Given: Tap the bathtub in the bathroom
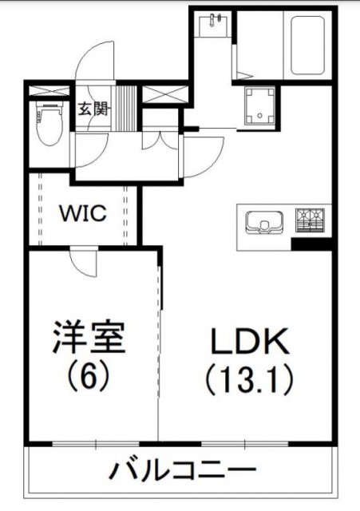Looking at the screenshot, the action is pos(307,45).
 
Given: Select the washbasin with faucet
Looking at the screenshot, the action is pos(214,23).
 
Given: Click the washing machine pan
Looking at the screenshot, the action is pos(259,105).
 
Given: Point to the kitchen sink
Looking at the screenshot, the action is pos(264,223).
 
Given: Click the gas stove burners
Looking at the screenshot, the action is pos(310,220).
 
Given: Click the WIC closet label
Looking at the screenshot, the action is pos(83,213).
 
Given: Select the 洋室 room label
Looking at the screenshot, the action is pos(89,338).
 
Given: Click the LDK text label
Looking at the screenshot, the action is pos(250,341).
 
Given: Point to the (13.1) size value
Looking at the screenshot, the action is pos(250,380).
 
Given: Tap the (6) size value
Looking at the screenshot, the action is pos(89,376).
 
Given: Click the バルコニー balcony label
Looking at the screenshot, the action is pos(184,470).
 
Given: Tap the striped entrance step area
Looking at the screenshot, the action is pos(126,109).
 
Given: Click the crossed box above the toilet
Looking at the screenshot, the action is pos(49,90).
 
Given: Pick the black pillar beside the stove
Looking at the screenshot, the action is pos(311,244).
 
